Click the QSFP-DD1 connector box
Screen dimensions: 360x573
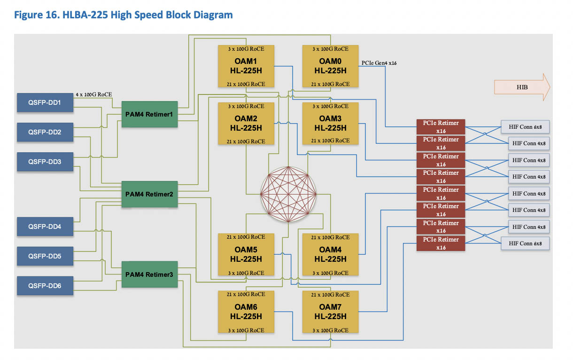[45, 102]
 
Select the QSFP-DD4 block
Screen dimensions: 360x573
[45, 226]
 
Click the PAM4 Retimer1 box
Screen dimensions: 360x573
[149, 114]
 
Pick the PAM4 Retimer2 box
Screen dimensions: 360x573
[149, 194]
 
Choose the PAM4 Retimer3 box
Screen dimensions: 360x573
[149, 274]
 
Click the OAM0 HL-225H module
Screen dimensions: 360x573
[331, 66]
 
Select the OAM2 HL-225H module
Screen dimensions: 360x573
[246, 124]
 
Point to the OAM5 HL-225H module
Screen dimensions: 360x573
[246, 255]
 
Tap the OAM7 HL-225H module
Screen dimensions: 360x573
[331, 312]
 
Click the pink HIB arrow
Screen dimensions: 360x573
[521, 87]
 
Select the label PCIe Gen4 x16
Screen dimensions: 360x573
[379, 63]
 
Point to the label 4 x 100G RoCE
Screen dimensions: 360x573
[94, 94]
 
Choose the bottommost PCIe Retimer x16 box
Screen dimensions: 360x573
[441, 243]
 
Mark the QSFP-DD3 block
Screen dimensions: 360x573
[45, 162]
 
